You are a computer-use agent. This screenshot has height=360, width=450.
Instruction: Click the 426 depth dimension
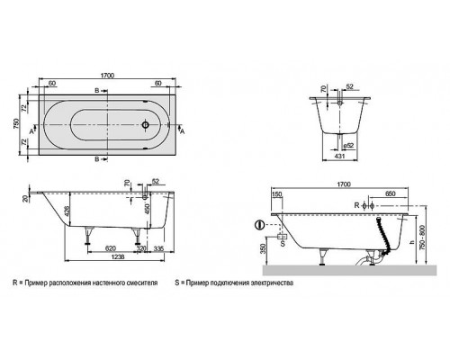pyautogui.click(x=67, y=213)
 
